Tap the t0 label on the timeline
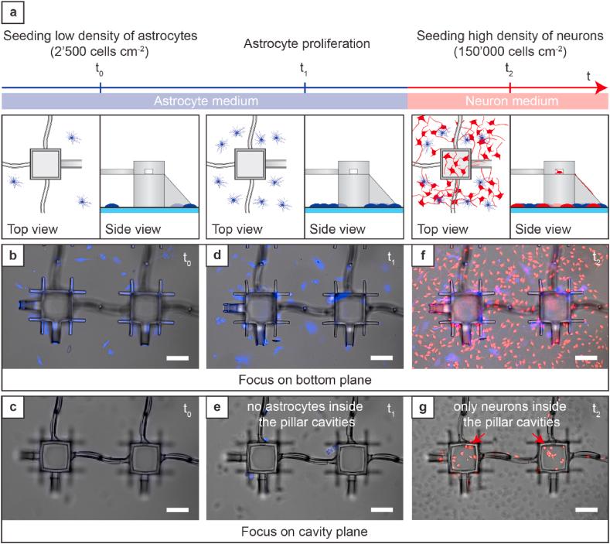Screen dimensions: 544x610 coord(100,69)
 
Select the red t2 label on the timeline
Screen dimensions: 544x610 coord(509,69)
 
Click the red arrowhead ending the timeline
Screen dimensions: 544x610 coord(599,89)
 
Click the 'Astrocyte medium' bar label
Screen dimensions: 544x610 coord(204,101)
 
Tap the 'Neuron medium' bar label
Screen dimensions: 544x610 coord(507,101)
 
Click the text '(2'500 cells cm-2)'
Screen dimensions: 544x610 coord(100,52)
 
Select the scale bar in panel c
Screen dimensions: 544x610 coord(177,510)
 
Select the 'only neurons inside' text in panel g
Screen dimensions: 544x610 coord(507,407)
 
